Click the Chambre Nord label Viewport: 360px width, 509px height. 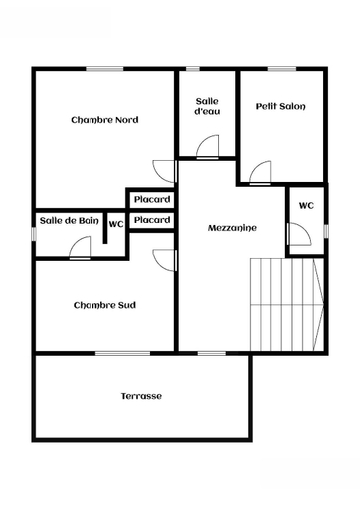click(x=104, y=120)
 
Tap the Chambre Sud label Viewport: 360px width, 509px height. click(x=104, y=305)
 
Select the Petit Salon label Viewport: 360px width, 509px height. click(x=280, y=106)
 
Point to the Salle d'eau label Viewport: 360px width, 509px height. click(x=207, y=106)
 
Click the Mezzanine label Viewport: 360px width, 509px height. click(x=232, y=228)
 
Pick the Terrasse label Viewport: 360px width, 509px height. click(x=141, y=396)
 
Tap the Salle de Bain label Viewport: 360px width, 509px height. click(x=70, y=221)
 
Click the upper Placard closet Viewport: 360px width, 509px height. click(x=152, y=199)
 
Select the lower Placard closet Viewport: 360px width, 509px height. click(x=152, y=220)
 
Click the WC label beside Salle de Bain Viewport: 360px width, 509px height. click(x=116, y=224)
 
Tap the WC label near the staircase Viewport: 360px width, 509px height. click(x=306, y=206)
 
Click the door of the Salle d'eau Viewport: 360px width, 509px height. click(x=208, y=147)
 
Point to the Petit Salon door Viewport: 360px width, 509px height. click(x=261, y=172)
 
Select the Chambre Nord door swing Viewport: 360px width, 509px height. click(x=164, y=171)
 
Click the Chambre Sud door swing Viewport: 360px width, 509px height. click(x=164, y=260)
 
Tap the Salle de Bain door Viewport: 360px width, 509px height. click(x=80, y=248)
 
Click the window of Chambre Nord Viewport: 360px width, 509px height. click(x=104, y=69)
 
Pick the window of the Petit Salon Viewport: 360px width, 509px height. click(x=281, y=69)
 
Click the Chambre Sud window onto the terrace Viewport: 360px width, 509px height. click(x=123, y=353)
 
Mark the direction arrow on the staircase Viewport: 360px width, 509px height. click(x=319, y=304)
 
